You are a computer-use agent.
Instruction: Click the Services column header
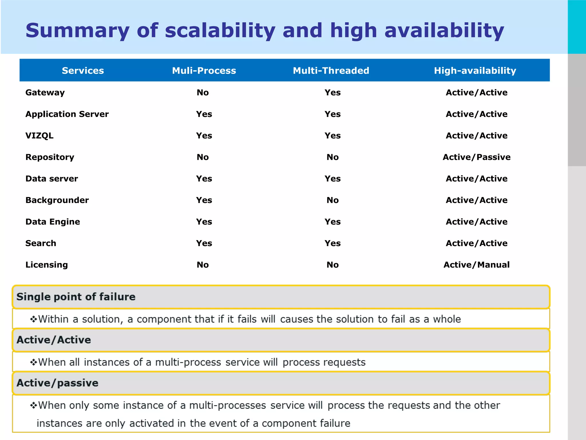[83, 70]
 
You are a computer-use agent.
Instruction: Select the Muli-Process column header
[204, 70]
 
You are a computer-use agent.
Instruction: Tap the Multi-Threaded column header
[331, 70]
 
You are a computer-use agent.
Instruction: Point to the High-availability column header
[475, 70]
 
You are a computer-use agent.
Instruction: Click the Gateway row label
[45, 93]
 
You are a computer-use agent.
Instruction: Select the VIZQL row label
[39, 135]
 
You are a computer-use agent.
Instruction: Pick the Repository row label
[50, 157]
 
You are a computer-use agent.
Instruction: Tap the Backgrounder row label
[57, 200]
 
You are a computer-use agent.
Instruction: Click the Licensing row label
[47, 265]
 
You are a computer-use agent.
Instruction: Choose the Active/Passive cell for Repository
[476, 157]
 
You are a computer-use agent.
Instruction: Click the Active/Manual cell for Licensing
[476, 265]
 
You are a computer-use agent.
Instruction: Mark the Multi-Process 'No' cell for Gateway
[203, 93]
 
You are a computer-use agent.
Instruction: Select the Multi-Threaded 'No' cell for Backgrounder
[332, 200]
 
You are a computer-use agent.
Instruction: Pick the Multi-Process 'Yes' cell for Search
[204, 243]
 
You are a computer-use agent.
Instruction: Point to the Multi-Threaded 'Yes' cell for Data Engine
[332, 222]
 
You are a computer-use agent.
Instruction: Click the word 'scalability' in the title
[220, 30]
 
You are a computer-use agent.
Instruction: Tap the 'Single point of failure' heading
[76, 297]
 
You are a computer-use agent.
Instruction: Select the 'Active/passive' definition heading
[57, 383]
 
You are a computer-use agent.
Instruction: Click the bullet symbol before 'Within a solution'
[33, 319]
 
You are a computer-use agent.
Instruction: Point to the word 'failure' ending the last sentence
[335, 423]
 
